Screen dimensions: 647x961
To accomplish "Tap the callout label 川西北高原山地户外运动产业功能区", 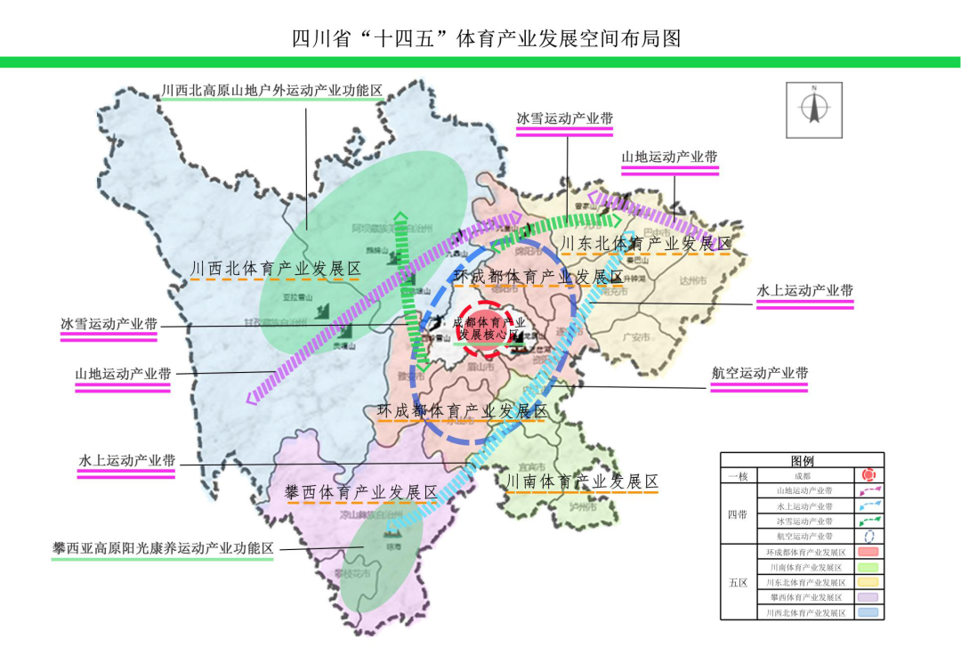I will click(x=271, y=92).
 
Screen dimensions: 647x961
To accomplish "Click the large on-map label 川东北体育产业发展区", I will click(x=645, y=243).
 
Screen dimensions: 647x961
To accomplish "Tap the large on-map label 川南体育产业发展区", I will click(x=582, y=481).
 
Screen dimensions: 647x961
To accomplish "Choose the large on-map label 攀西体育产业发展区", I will click(x=360, y=492).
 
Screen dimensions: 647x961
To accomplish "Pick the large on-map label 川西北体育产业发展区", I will click(x=276, y=269).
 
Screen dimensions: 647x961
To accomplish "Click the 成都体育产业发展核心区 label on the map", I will click(x=489, y=328).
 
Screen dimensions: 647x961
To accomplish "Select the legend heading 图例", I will click(x=802, y=461).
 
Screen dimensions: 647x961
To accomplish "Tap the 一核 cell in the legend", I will click(x=738, y=476).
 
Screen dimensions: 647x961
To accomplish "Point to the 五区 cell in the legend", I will click(x=738, y=583).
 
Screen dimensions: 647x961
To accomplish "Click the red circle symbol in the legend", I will click(x=868, y=476).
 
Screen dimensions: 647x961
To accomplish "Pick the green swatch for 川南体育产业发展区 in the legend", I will click(x=868, y=567).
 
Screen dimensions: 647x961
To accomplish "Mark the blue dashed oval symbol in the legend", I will click(x=868, y=537).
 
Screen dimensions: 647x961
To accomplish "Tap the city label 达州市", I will click(x=690, y=281).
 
